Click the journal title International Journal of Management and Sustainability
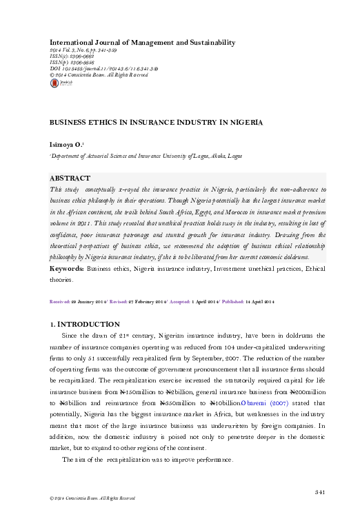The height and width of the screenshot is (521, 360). click(139, 43)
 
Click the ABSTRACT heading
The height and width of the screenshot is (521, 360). click(72, 178)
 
